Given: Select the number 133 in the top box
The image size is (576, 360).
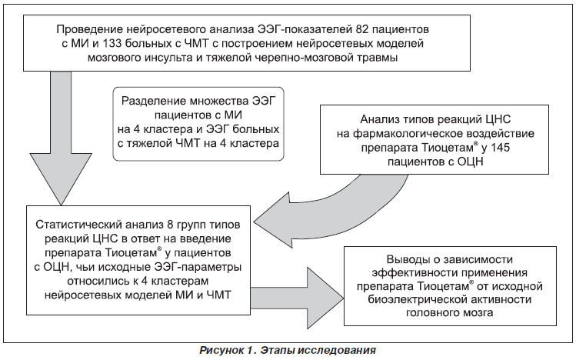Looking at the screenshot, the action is point(112,43).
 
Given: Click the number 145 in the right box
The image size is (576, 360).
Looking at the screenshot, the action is point(500,148).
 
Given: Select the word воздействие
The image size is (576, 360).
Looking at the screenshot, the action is point(501,134).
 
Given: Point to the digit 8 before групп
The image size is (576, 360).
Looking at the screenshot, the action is point(171,225).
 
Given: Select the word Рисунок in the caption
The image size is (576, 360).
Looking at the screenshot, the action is point(219,350).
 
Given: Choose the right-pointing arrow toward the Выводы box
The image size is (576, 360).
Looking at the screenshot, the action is point(297,298).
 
